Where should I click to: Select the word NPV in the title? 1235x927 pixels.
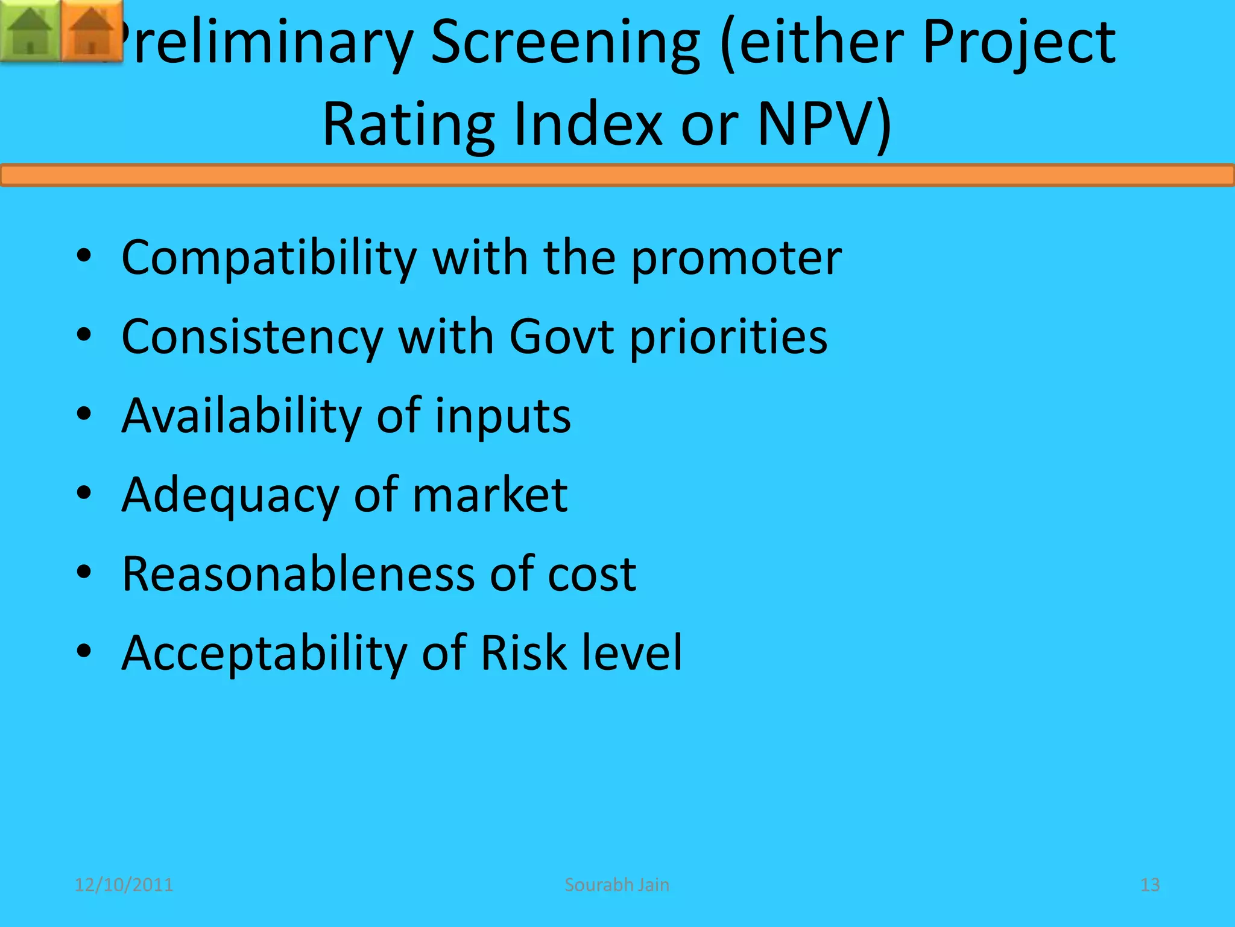click(x=824, y=124)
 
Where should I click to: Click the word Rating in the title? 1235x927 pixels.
click(x=409, y=124)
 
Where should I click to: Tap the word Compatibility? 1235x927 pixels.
click(x=269, y=258)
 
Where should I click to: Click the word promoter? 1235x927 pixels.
click(x=736, y=258)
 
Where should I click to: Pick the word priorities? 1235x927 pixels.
click(x=728, y=336)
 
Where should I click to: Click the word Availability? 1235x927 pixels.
click(x=241, y=416)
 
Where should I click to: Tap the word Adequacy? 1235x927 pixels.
click(x=230, y=495)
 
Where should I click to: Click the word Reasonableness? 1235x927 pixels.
click(x=298, y=573)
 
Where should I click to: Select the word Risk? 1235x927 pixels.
click(x=523, y=652)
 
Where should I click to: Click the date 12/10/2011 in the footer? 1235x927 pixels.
click(x=124, y=885)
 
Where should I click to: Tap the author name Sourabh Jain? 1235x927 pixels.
click(x=617, y=885)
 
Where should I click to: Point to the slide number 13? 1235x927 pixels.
click(x=1150, y=885)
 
